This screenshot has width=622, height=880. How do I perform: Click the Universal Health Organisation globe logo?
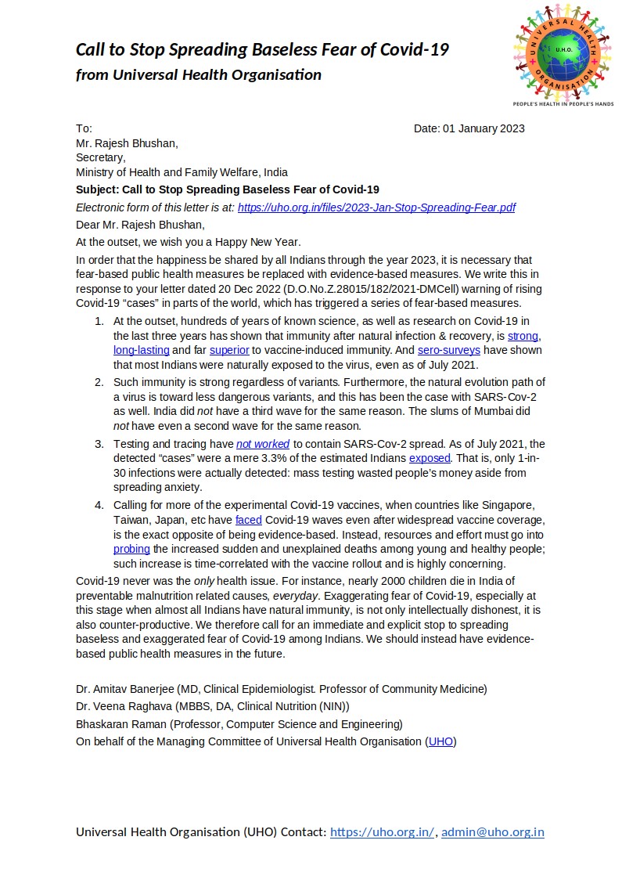pos(563,52)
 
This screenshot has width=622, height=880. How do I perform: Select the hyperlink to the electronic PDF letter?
pos(376,207)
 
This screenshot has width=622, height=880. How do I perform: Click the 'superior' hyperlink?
pos(232,350)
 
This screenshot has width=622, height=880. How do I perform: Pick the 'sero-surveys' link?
pos(449,350)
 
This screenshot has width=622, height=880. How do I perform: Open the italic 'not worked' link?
pos(263,444)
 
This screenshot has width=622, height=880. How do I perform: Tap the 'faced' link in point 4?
pos(248,520)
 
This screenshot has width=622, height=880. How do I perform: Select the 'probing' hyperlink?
pos(131,550)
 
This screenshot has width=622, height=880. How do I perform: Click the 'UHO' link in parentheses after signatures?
pos(440,741)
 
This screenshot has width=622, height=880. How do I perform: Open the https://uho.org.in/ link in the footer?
pos(382,832)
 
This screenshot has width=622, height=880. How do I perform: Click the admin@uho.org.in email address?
pos(493,832)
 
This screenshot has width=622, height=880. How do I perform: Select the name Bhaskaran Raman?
pos(121,724)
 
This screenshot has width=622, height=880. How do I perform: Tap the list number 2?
pos(99,382)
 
